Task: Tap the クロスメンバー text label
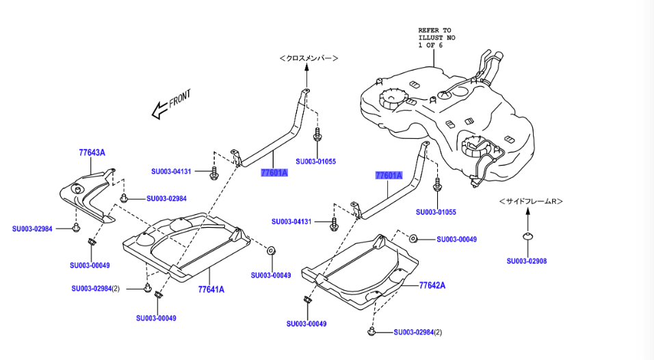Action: click(309, 59)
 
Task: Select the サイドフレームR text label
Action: click(530, 201)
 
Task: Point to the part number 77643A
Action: click(92, 153)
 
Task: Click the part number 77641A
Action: click(211, 290)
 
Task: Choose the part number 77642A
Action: click(432, 285)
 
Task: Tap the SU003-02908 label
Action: click(527, 261)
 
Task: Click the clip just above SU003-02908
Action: click(527, 237)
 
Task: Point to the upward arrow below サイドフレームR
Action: click(527, 218)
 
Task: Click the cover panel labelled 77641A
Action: click(185, 246)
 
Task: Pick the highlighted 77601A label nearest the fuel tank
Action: click(389, 175)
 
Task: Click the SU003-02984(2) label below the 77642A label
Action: click(418, 333)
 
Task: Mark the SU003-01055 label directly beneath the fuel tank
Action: click(436, 212)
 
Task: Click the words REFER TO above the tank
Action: click(435, 30)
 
